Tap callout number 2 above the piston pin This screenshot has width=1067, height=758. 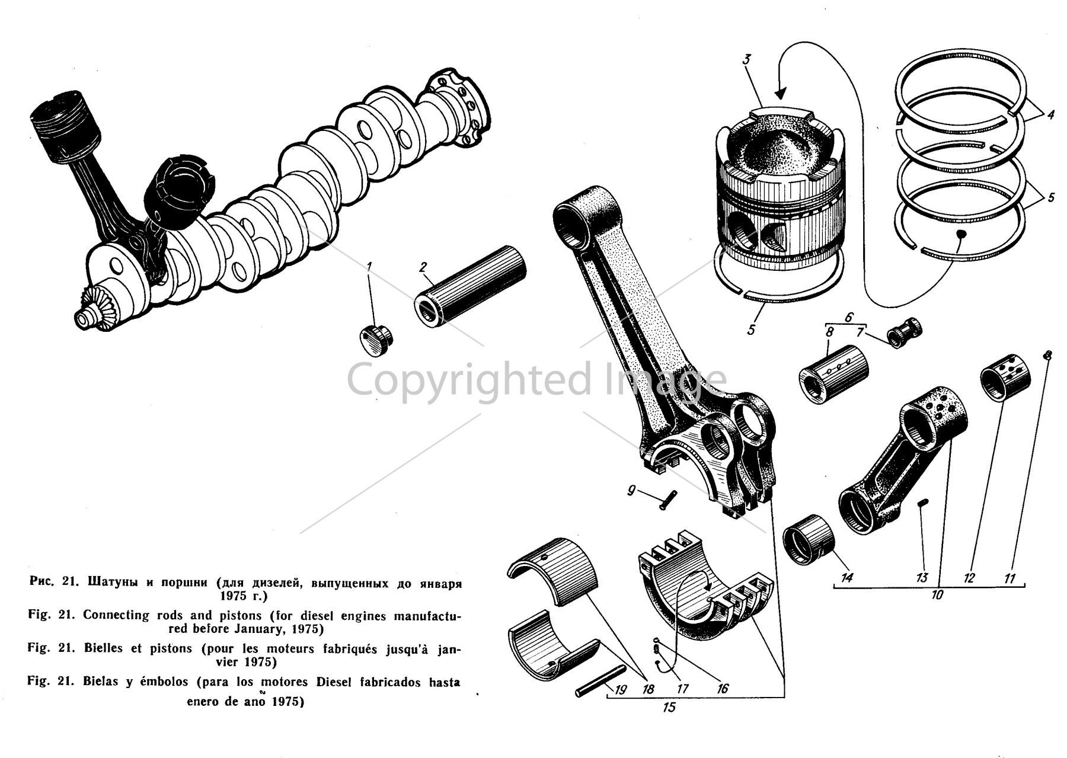[x=423, y=267]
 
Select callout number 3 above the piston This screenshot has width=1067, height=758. [x=747, y=59]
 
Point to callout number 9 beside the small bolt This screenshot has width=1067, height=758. [x=631, y=491]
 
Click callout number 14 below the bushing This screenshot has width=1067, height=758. [x=847, y=576]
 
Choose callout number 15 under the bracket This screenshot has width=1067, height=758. [x=669, y=708]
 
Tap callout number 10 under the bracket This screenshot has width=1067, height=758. [x=937, y=594]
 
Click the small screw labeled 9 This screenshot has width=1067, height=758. [x=667, y=501]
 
